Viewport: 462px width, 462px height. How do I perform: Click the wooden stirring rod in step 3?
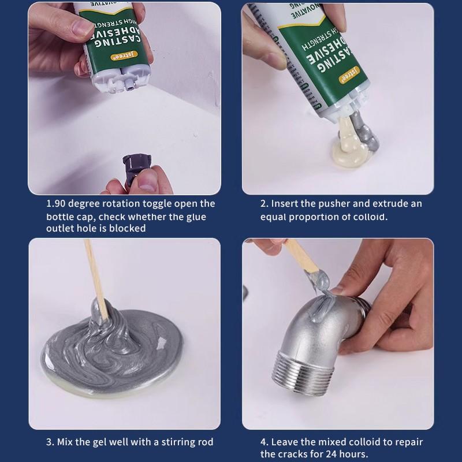95,277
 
